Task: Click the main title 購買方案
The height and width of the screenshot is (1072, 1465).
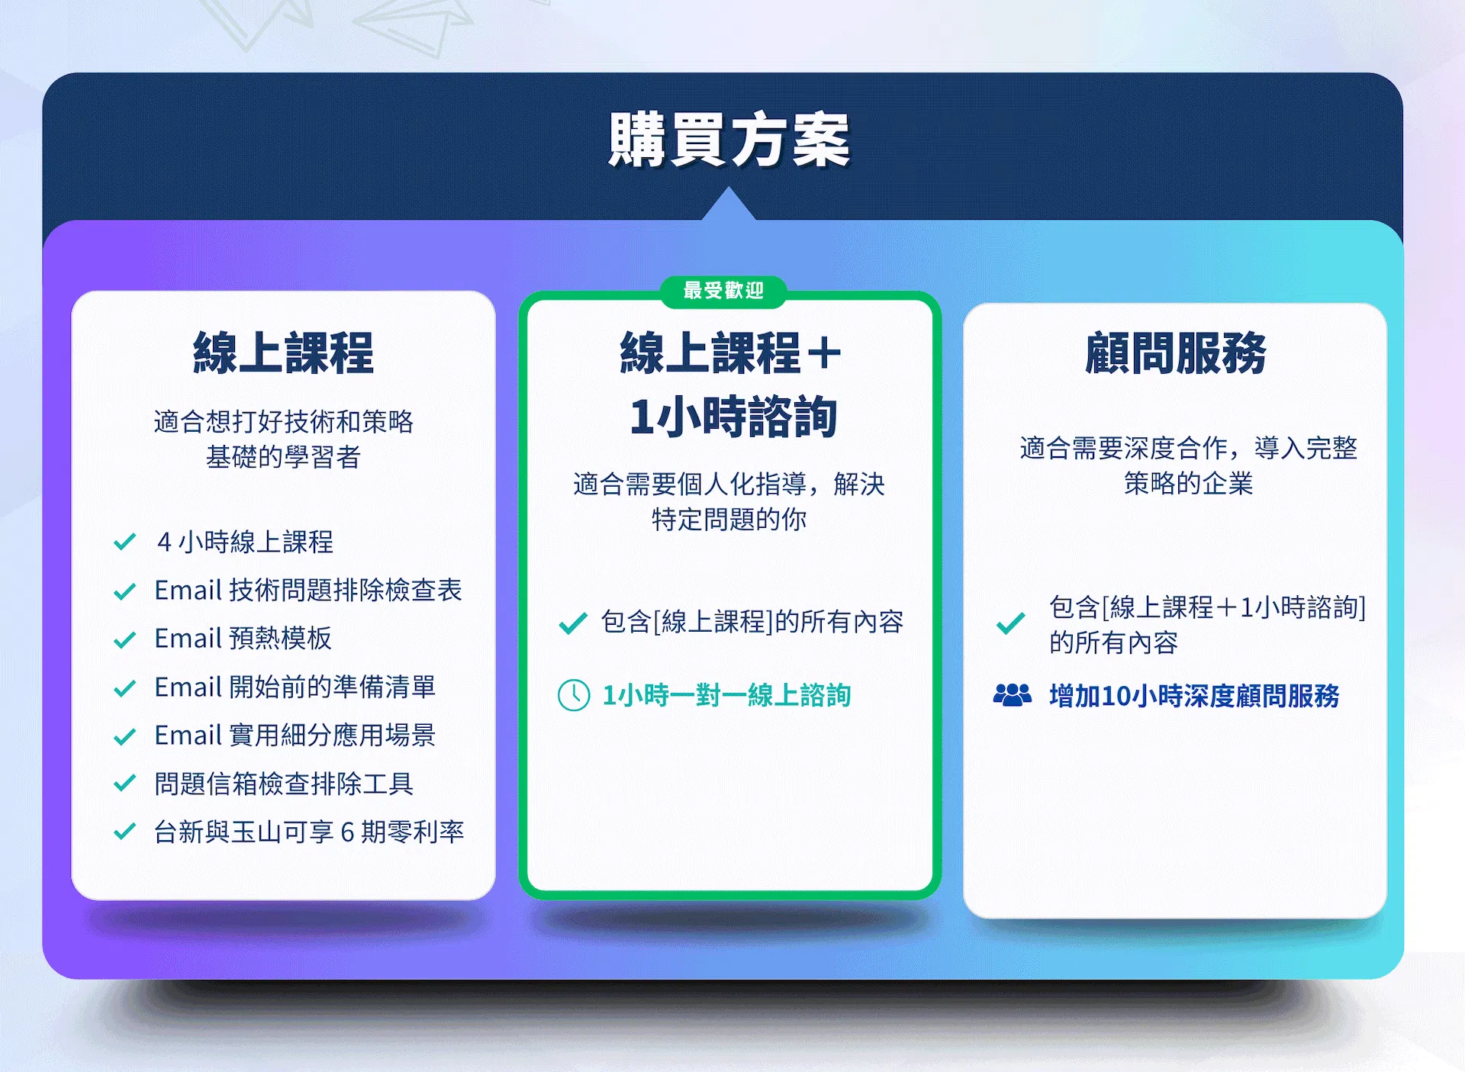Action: pos(729,140)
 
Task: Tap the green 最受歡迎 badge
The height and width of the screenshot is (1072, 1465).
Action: pos(723,291)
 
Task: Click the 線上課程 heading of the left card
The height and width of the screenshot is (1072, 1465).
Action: pos(283,353)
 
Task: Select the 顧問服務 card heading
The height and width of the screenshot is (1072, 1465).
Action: pos(1175,353)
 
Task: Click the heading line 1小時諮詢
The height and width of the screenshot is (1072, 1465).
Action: pos(733,417)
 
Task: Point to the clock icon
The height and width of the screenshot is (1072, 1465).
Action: pos(574,695)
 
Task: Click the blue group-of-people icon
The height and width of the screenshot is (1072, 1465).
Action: pos(1013,694)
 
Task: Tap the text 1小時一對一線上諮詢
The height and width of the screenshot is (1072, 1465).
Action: pos(726,695)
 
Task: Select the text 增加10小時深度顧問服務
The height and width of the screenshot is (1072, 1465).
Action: pos(1194,696)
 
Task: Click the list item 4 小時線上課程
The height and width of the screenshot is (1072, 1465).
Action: pos(245,542)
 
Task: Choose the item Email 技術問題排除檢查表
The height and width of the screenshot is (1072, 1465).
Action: pos(308,590)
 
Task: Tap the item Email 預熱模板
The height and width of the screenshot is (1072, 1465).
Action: pos(243,638)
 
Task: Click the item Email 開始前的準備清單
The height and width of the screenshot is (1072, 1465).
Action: pos(295,687)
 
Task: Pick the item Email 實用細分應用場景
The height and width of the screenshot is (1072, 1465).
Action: pos(295,735)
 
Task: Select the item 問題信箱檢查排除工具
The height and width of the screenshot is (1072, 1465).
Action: pos(284,784)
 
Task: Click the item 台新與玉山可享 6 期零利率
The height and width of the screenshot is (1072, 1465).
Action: pos(309,832)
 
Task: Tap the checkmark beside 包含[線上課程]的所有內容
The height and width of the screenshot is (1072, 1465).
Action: pos(573,623)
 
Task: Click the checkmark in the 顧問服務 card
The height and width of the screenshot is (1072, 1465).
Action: pos(1011,623)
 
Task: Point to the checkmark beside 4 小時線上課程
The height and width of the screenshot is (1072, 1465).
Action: pos(124,542)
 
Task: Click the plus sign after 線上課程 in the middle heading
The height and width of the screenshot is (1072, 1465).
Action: pos(824,354)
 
